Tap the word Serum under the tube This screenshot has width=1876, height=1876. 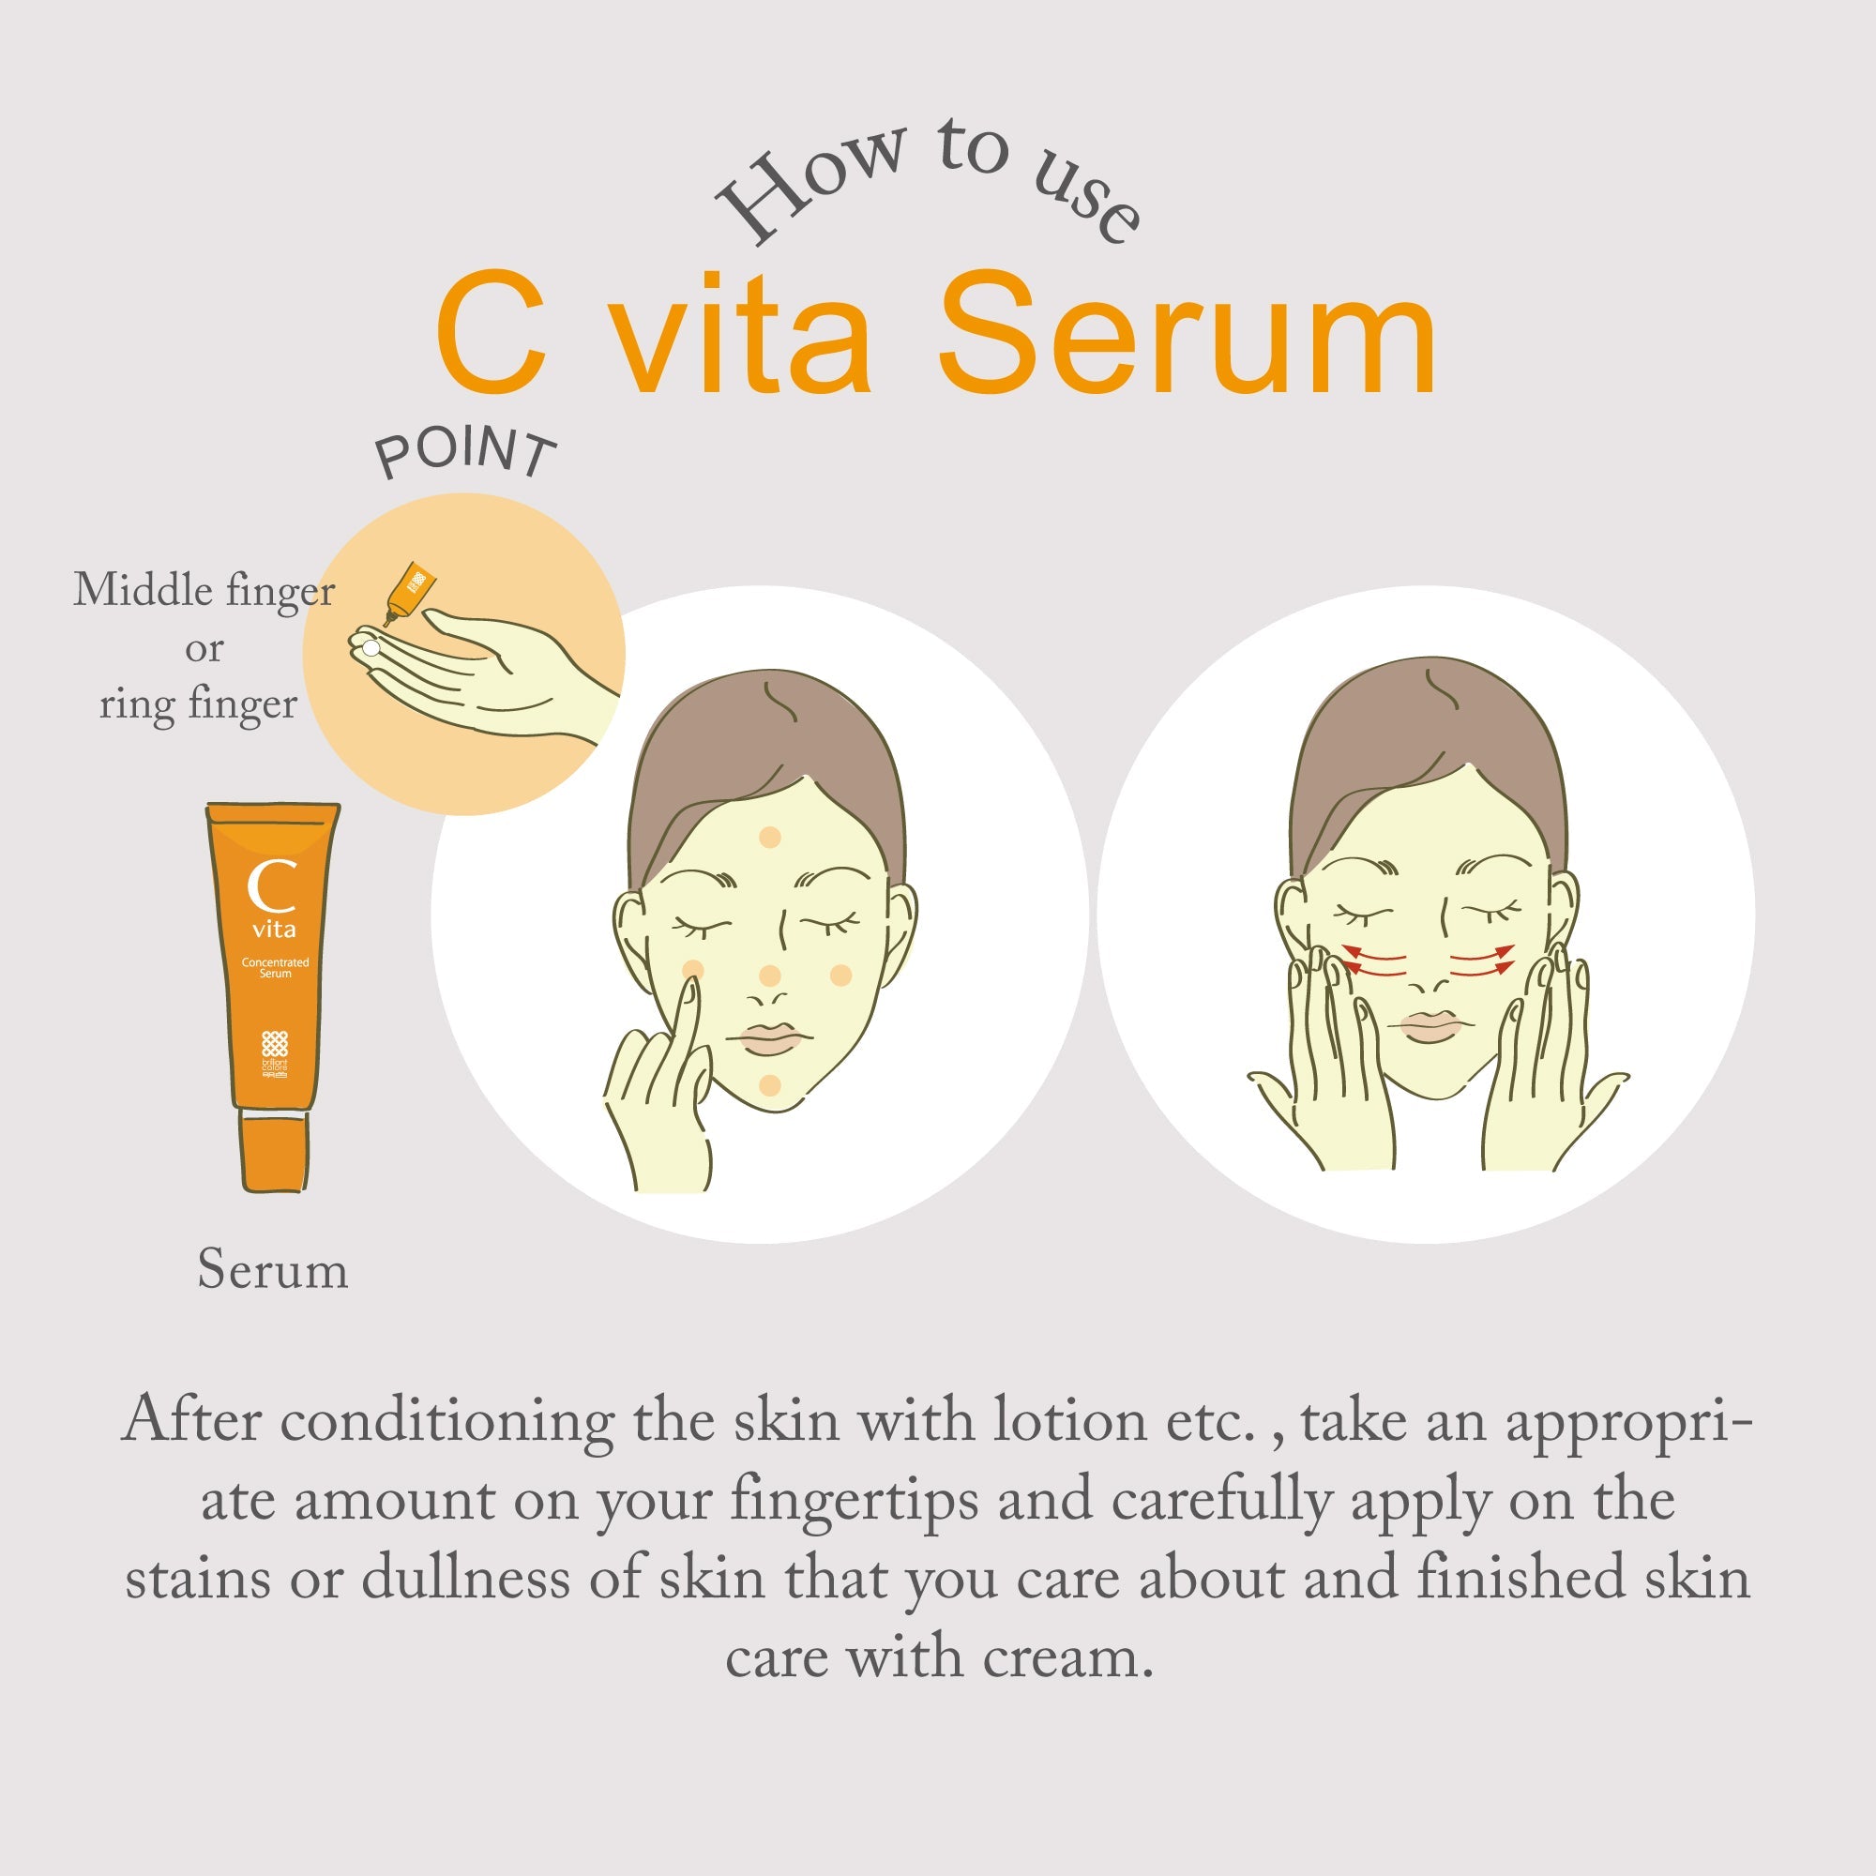[273, 1269]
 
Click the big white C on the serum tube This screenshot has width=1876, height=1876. [271, 885]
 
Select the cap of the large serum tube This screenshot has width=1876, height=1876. [275, 1153]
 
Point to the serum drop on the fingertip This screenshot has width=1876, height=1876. [370, 646]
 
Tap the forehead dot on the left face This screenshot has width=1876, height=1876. [769, 836]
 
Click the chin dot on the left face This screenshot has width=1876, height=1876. [769, 1084]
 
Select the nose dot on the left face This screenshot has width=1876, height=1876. [769, 976]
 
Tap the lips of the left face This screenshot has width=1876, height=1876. [769, 1038]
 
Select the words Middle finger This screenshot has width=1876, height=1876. [204, 590]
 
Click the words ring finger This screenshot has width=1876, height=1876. [198, 704]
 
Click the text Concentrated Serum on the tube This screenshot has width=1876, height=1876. [275, 967]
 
